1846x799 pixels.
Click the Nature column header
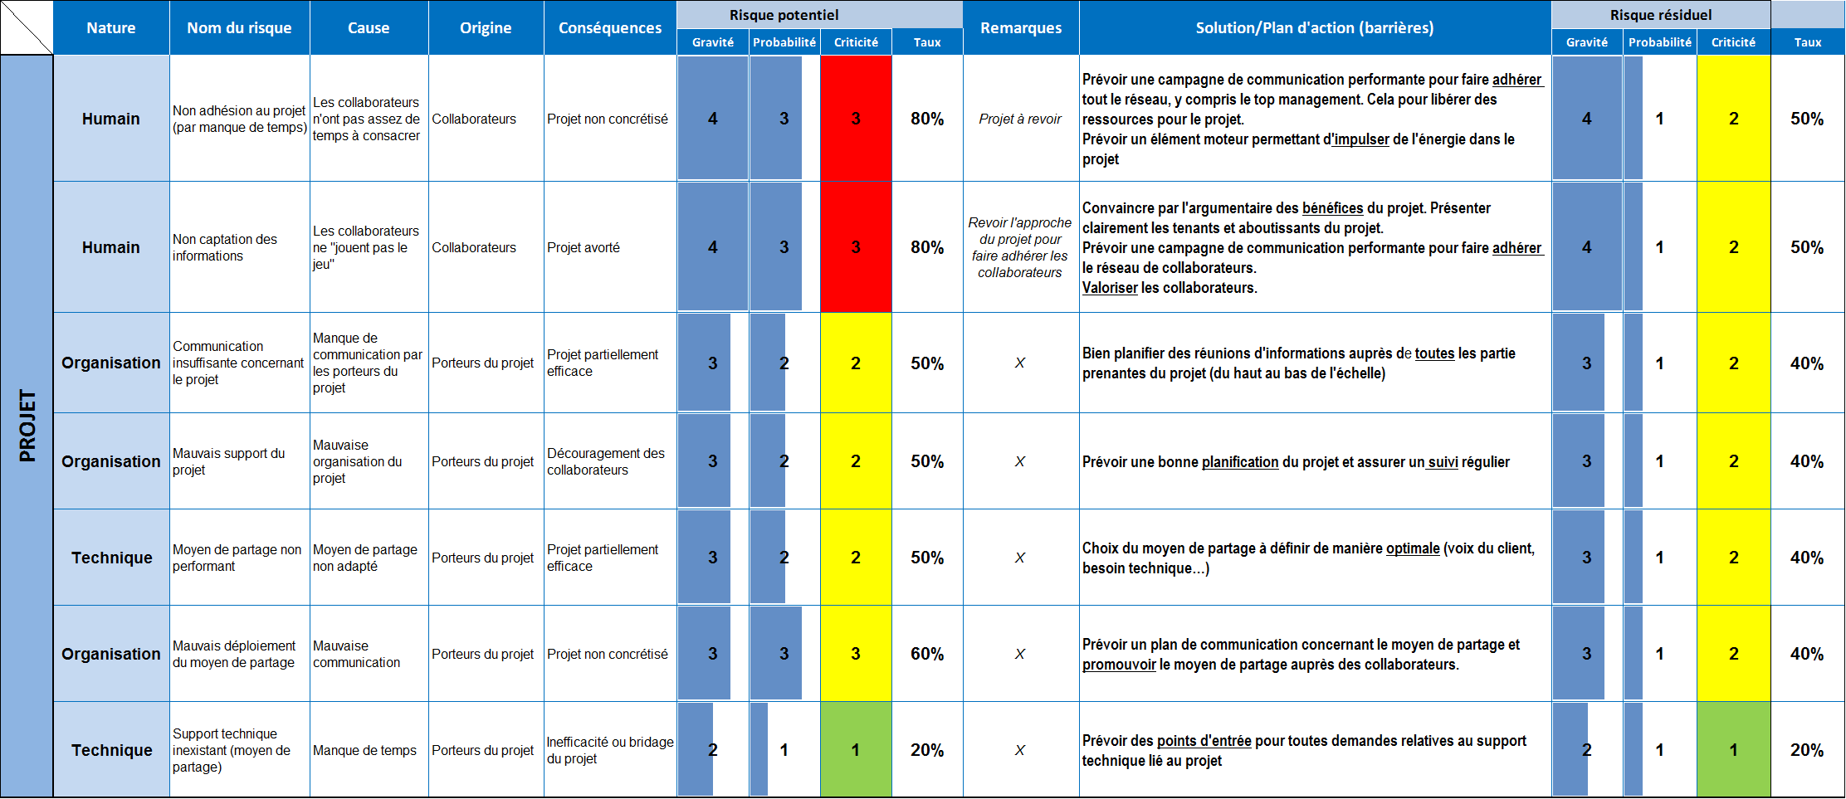tap(111, 27)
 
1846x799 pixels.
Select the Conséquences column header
tap(610, 27)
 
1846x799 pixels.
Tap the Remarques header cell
tap(1021, 27)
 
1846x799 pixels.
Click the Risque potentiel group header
tap(784, 15)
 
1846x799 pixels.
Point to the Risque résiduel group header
tap(1660, 15)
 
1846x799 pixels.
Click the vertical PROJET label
tap(27, 426)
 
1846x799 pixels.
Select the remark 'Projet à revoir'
tap(1020, 119)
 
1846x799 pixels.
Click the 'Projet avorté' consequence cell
tap(584, 247)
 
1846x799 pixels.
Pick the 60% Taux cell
tap(927, 654)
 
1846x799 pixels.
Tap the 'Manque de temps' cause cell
tap(364, 750)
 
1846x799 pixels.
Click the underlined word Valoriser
tap(1110, 288)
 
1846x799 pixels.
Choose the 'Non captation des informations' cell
tap(225, 247)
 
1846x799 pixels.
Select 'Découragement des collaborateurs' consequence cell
tap(605, 461)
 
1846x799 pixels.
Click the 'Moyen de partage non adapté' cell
tap(364, 558)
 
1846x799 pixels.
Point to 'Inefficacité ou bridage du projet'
tap(609, 750)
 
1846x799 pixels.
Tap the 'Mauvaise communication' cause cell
tap(356, 654)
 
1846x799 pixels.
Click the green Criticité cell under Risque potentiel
tap(856, 750)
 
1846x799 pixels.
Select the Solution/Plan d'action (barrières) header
tap(1314, 27)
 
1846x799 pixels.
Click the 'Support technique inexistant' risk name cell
tap(231, 750)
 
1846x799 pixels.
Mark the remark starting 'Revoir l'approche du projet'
tap(1020, 247)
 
